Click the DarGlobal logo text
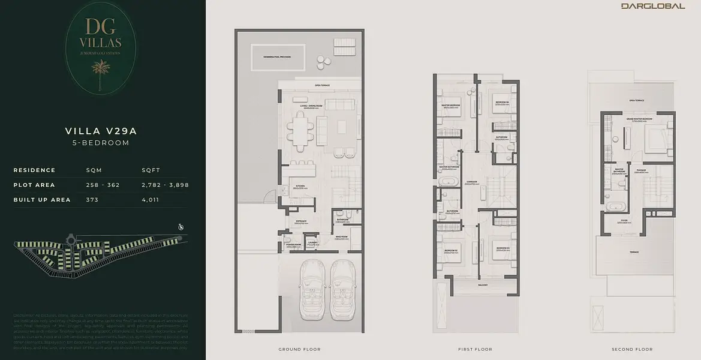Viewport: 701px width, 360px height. coord(653,6)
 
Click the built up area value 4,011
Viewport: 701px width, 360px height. coord(150,200)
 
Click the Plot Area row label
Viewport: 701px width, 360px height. coord(34,185)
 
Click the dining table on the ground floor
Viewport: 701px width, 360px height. coord(300,128)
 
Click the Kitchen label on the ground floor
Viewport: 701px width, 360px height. coord(300,186)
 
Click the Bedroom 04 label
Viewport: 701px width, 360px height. coord(502,102)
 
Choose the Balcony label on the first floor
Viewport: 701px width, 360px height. coord(483,285)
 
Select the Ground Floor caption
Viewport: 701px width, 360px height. coord(299,349)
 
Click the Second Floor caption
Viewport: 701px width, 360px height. coord(632,349)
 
